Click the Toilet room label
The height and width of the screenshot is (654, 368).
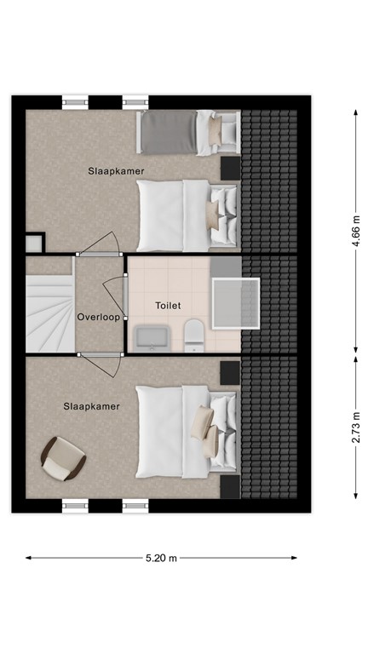tap(168, 305)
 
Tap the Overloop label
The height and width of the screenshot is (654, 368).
tap(98, 317)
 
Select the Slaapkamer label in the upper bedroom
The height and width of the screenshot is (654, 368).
tap(116, 171)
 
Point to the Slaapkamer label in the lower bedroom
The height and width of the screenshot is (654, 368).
tap(91, 406)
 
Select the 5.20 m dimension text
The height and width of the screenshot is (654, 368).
tap(161, 559)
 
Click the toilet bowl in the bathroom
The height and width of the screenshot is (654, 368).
tap(193, 334)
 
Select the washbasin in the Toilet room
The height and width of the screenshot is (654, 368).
tap(152, 336)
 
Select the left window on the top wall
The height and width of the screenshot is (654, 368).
tap(75, 102)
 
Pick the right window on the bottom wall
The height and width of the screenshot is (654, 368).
tap(135, 506)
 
